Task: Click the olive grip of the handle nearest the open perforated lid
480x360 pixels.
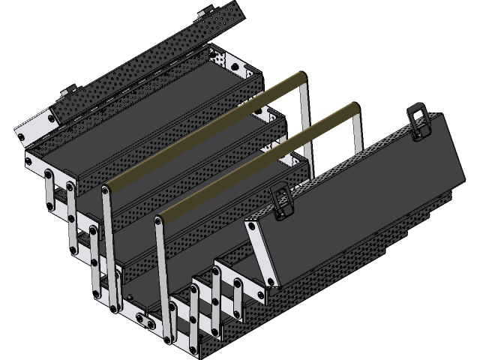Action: click(202, 132)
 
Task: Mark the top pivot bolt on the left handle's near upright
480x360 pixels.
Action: click(106, 193)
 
